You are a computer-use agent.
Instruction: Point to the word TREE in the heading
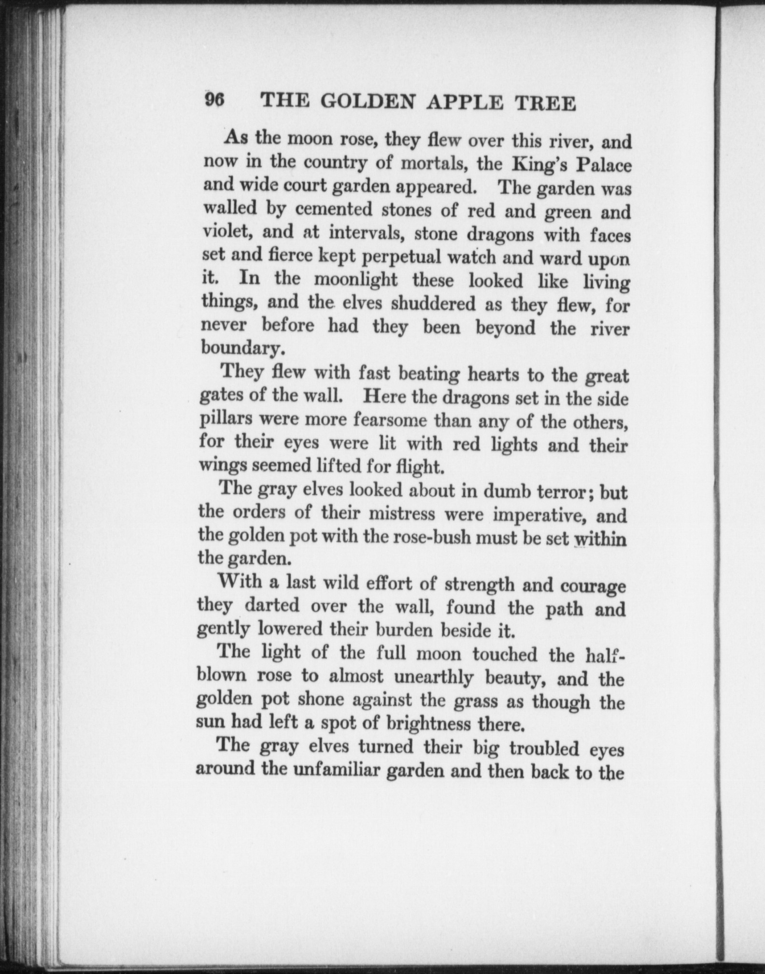pyautogui.click(x=547, y=104)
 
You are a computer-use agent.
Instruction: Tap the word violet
pyautogui.click(x=227, y=232)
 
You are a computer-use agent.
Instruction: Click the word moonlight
pyautogui.click(x=355, y=280)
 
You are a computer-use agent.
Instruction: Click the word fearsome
pyautogui.click(x=389, y=420)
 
